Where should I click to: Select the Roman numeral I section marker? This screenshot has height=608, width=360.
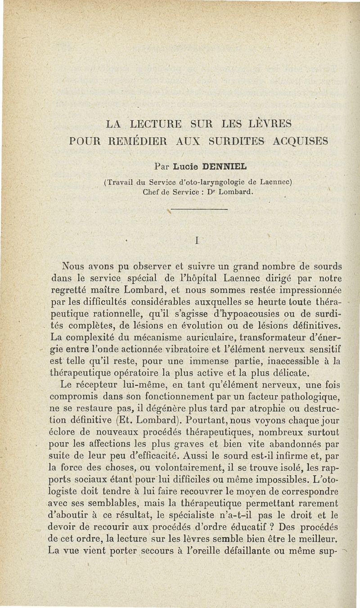[197, 241]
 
